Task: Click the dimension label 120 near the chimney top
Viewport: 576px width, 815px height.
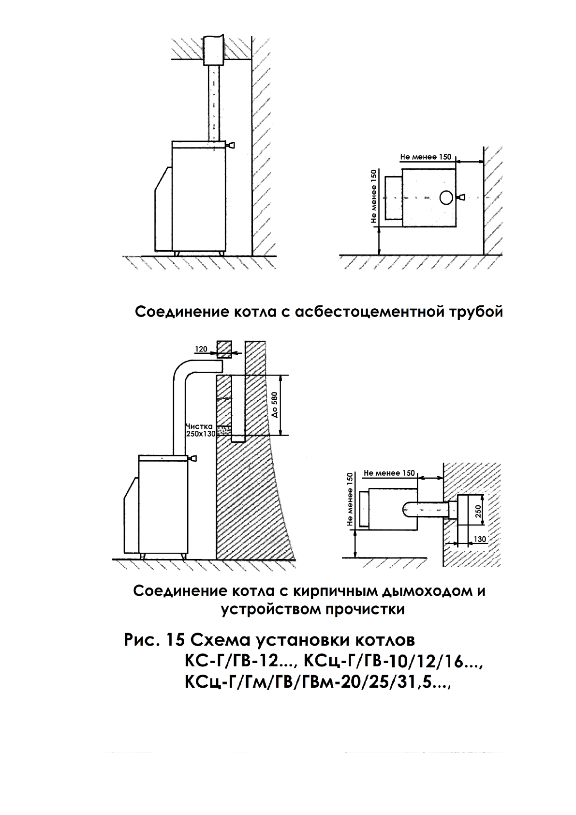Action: coord(201,348)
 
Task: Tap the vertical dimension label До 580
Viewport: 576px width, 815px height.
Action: coord(274,405)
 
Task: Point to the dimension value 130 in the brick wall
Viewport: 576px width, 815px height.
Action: coord(480,539)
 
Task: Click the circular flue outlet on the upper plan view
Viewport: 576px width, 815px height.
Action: coord(446,197)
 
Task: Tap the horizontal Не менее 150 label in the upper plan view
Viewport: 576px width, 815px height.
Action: coord(426,157)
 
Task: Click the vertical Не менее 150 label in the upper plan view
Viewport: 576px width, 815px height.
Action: coord(373,196)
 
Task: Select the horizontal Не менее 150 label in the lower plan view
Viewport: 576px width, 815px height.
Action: coord(389,473)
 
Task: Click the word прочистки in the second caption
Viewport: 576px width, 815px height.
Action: coord(365,609)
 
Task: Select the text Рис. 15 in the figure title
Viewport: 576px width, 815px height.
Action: coord(153,640)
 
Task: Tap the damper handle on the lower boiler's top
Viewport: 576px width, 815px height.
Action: coord(193,458)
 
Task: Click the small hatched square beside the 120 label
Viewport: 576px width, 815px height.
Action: coord(224,348)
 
